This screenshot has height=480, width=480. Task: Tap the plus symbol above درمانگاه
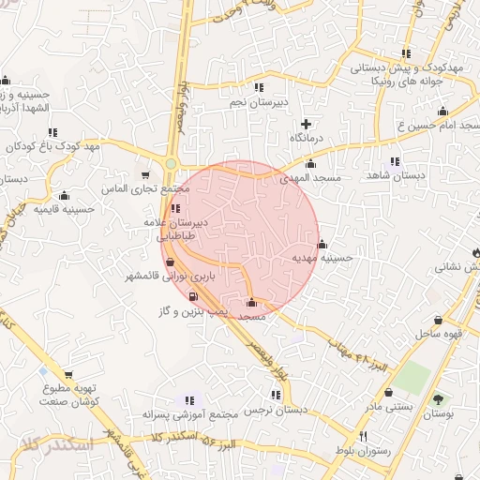point(306,124)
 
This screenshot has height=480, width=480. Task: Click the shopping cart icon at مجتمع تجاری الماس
point(144,174)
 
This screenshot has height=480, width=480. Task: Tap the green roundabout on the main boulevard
point(171,164)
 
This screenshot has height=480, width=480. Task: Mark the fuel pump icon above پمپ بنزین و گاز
point(193,296)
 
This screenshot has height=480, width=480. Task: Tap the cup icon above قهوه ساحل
point(438,320)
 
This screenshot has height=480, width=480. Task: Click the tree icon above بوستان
point(438,399)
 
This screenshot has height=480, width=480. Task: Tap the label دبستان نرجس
point(277,411)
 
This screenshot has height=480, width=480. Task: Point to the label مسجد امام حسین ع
point(440,125)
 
